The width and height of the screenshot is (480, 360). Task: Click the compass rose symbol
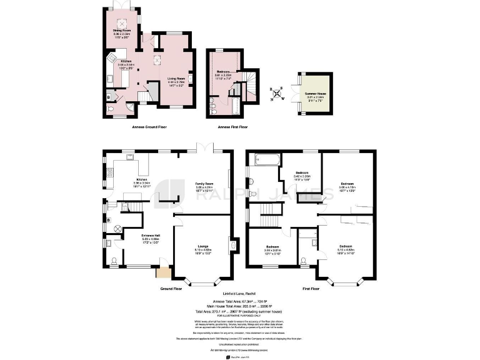point(277,94)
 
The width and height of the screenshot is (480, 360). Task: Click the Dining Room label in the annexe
point(122,33)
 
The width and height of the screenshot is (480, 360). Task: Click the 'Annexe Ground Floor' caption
point(148,127)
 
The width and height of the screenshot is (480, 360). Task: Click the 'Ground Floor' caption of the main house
point(171,289)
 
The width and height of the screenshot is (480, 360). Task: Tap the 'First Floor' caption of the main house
point(311,289)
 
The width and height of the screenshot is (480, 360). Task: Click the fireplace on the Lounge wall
point(232,246)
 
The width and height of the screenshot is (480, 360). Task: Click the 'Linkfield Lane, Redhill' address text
point(240,294)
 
